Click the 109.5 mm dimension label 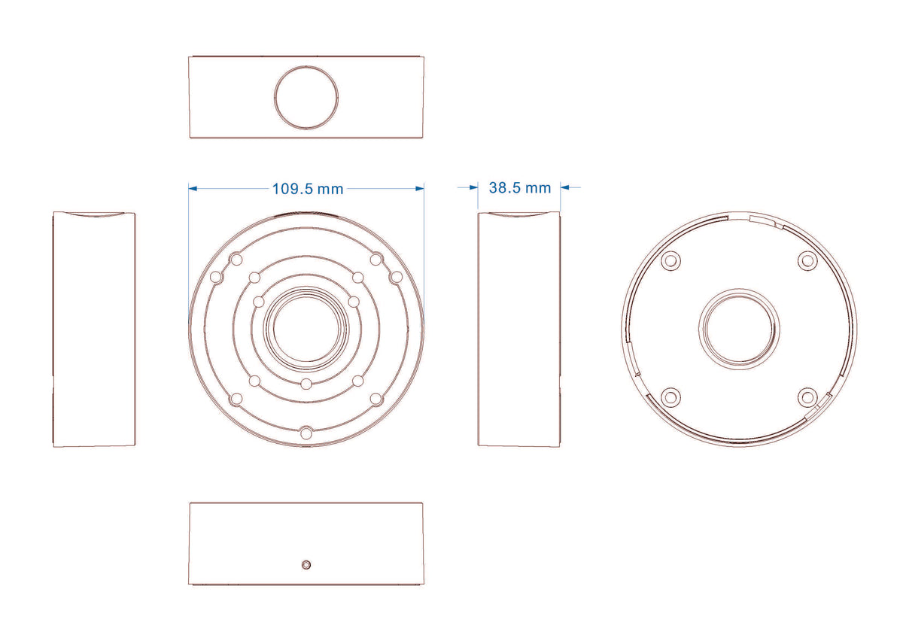pos(308,189)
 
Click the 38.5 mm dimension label pos(520,188)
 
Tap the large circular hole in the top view pos(306,98)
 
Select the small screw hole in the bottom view pos(306,565)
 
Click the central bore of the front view pos(306,329)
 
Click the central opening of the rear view pos(739,329)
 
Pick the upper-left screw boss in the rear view pos(670,261)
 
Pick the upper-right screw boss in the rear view pos(807,261)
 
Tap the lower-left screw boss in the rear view pos(670,397)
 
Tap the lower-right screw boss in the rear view pos(807,397)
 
